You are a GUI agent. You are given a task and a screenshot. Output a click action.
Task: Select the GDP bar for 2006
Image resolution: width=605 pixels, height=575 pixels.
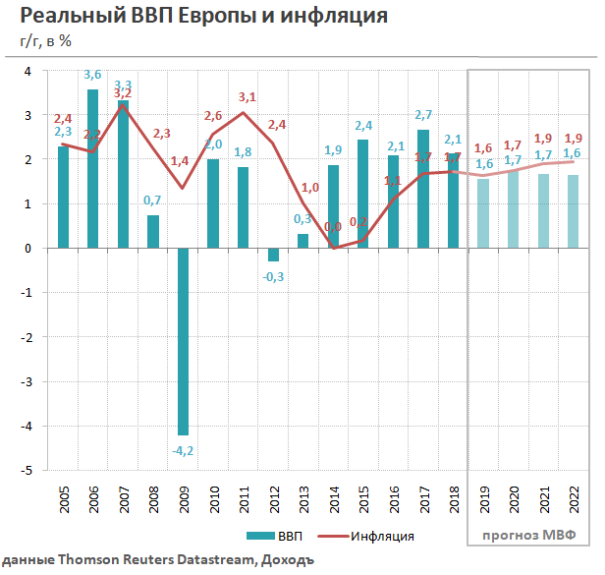coord(92,168)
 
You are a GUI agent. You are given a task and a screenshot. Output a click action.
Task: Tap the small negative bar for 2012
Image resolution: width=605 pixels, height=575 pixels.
coord(273,255)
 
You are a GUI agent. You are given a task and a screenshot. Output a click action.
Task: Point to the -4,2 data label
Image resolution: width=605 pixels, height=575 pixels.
coord(183,451)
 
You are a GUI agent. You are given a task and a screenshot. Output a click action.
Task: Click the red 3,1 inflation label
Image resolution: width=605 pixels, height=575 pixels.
coord(247,96)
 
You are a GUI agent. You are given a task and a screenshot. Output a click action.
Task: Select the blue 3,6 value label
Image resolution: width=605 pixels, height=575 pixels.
coord(92,75)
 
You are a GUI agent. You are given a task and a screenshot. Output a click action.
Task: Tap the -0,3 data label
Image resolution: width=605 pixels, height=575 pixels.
coord(273,276)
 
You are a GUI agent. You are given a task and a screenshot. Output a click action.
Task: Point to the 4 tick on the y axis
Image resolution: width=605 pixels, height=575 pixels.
coord(27,71)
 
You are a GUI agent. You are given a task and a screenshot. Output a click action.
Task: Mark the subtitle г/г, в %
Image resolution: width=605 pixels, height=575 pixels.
coord(45,40)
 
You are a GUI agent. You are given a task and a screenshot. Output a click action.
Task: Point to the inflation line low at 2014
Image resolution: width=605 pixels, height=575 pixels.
coord(333,248)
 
